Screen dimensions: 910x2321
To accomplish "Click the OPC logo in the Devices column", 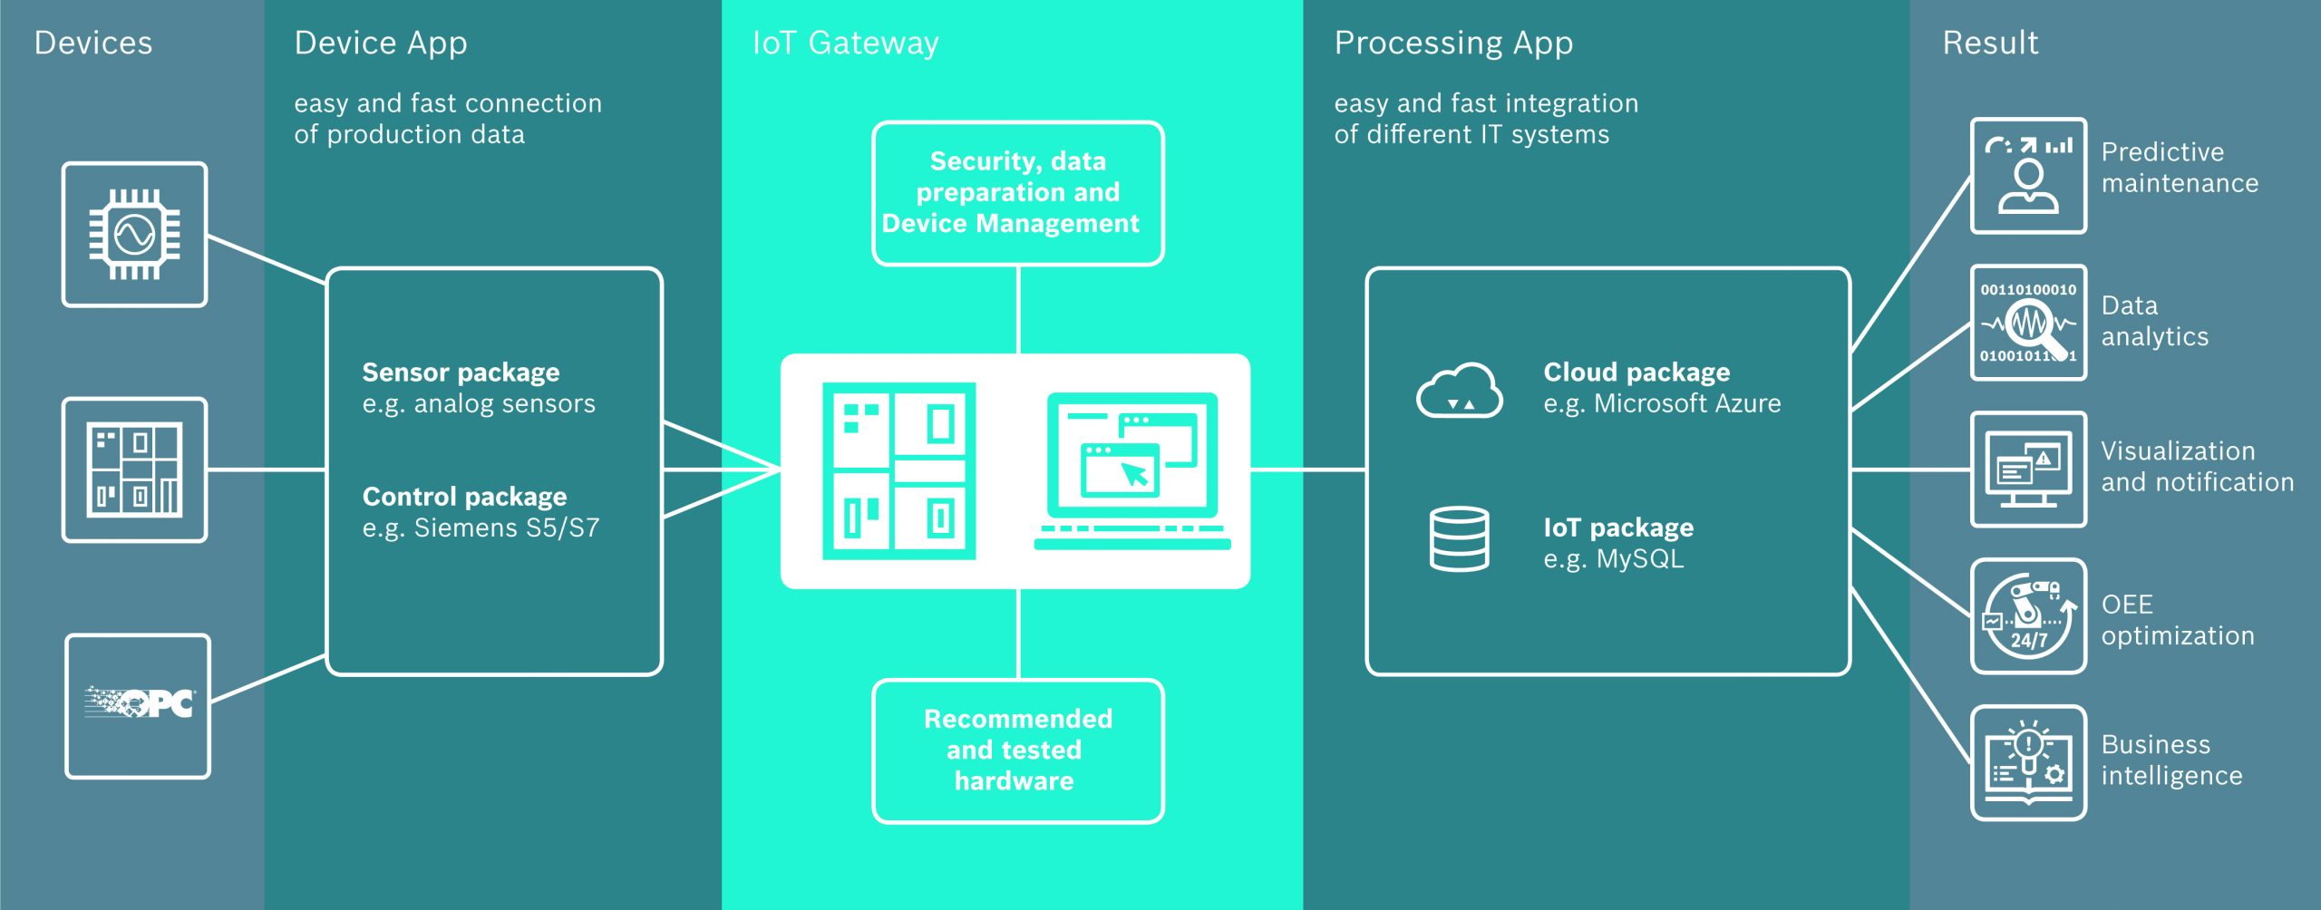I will point(139,704).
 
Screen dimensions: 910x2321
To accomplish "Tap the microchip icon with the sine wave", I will point(134,235).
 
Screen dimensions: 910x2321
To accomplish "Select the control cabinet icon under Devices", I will point(134,470).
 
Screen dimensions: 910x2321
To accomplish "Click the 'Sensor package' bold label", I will point(461,373).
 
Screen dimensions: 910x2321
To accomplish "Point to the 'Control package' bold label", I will point(464,497).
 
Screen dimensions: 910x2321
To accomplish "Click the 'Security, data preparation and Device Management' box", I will point(1017,193).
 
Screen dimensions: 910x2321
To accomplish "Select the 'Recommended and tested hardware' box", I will point(1017,750).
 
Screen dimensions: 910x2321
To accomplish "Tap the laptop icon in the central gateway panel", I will point(1132,470).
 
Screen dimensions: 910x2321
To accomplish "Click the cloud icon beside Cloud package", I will point(1459,391).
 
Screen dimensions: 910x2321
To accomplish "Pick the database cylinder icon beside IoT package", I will point(1459,538).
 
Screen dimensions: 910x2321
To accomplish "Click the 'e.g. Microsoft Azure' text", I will point(1662,404).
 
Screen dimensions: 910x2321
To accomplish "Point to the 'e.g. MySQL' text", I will point(1613,559).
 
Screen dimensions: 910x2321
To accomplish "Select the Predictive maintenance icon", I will point(2028,176).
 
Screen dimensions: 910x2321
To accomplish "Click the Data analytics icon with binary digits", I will point(2028,323).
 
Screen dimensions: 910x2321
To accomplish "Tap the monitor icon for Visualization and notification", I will point(2028,470).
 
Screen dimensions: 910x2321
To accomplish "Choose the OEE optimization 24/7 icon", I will point(2028,616).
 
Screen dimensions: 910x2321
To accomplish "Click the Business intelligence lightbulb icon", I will point(2028,763).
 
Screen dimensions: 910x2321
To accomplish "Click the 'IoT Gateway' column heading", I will point(845,44).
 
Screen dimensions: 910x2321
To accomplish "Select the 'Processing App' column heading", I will point(1453,44).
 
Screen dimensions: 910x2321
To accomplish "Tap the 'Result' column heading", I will point(1989,44).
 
